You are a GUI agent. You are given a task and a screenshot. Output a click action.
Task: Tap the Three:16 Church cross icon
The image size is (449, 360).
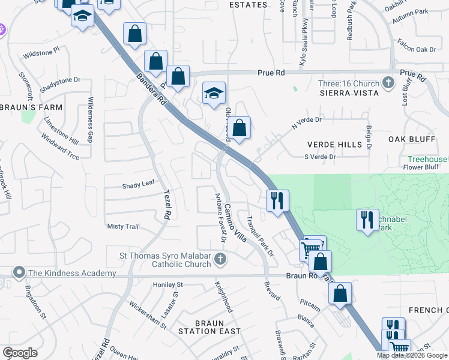[388, 83]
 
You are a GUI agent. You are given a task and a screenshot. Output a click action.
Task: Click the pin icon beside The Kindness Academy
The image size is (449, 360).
[19, 273]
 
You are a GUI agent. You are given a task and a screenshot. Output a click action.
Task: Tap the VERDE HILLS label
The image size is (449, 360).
[335, 145]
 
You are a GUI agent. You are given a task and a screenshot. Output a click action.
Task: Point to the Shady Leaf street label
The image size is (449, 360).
[139, 185]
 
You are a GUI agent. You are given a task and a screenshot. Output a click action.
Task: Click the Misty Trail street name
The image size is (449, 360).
[122, 226]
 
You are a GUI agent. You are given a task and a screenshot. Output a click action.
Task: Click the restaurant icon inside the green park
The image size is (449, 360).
[367, 220]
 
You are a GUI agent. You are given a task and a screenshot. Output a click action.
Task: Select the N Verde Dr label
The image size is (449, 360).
[306, 123]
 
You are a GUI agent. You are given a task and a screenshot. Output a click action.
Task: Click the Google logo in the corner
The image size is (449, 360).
[20, 353]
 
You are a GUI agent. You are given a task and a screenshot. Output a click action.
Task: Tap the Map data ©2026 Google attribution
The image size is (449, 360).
[412, 355]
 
